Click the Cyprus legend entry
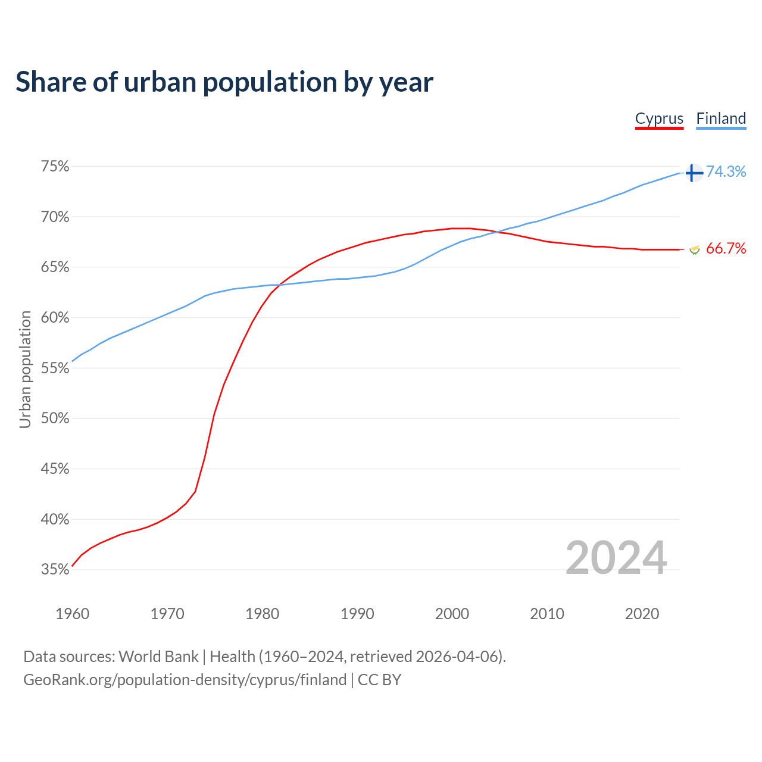pos(659,118)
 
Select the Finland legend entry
pos(721,118)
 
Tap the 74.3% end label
pos(726,172)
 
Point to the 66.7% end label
pos(726,249)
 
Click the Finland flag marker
pos(694,173)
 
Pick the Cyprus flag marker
pos(694,249)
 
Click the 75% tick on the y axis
pos(55,167)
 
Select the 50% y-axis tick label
pos(55,419)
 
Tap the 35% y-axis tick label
pos(55,570)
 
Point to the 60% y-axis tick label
pos(55,318)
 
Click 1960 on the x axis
pos(72,614)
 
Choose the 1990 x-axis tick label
pos(357,614)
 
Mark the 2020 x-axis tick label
pos(642,614)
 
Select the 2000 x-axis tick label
pos(452,614)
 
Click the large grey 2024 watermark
pos(616,558)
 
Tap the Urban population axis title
pos(25,369)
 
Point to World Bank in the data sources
pos(158,657)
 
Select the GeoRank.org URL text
pos(185,680)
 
